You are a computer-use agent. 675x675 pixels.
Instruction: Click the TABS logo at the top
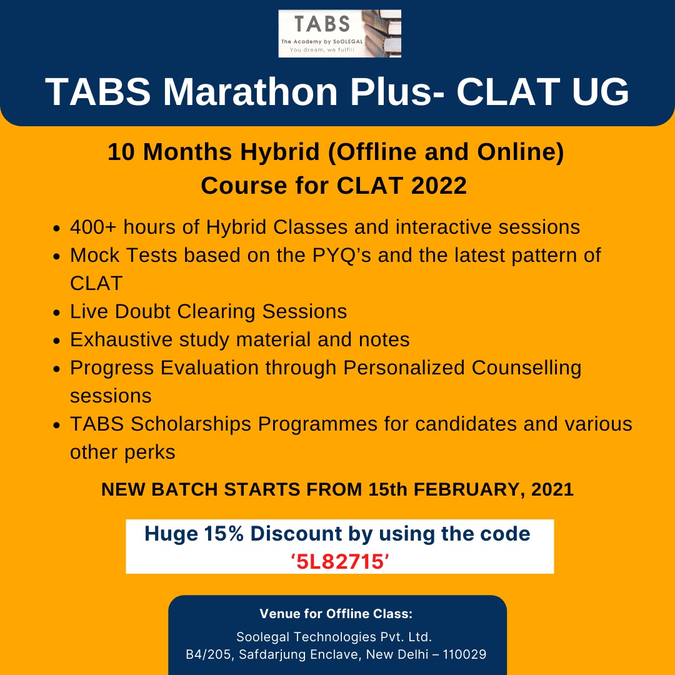coord(339,33)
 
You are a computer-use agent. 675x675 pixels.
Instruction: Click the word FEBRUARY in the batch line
coord(459,489)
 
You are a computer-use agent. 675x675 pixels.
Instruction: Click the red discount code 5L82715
coord(340,562)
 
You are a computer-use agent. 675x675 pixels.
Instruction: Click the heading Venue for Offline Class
coord(336,614)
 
